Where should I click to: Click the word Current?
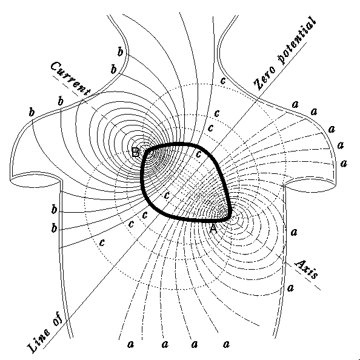point(70,79)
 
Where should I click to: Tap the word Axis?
point(307,269)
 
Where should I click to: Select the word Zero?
point(264,78)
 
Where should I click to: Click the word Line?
point(38,341)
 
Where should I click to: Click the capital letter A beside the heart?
point(213,229)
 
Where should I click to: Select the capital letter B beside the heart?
point(136,152)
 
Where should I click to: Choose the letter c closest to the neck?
point(222,81)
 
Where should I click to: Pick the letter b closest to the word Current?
point(61,101)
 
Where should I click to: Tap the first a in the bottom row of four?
point(130,344)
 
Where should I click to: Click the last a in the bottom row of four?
point(226,344)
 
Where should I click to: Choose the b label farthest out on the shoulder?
point(32,112)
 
